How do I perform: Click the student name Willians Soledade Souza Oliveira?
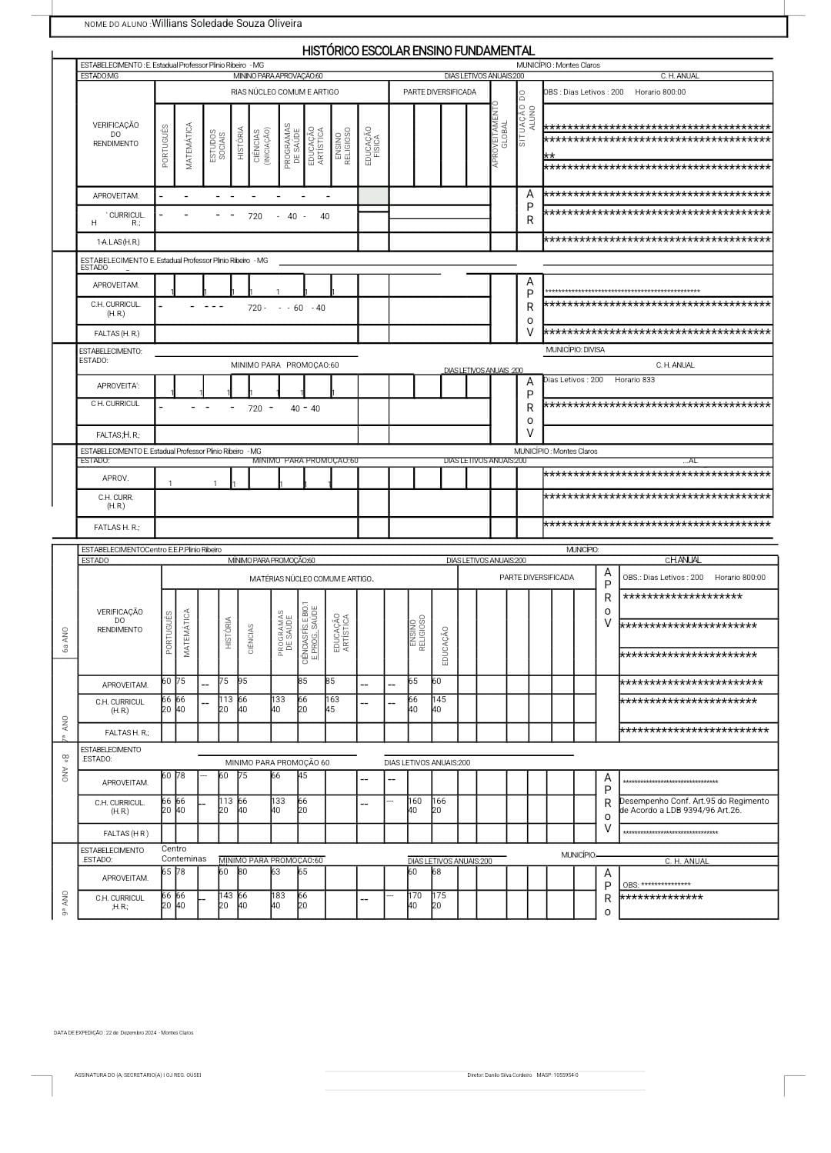227,24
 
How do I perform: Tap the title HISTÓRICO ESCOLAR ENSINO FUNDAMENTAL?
418,51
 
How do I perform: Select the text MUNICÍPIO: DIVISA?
575,350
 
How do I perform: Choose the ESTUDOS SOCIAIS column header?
218,145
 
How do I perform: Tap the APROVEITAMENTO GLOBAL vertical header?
500,133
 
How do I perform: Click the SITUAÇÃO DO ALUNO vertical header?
526,119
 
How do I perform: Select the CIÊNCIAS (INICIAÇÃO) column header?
262,145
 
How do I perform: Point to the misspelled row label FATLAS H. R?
117,528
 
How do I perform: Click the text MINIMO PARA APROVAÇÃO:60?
278,76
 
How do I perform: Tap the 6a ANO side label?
65,639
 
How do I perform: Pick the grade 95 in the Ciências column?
243,681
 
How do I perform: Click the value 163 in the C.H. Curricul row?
332,700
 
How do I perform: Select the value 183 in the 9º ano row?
278,895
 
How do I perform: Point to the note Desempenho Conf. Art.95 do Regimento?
694,801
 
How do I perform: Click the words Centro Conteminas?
184,854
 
